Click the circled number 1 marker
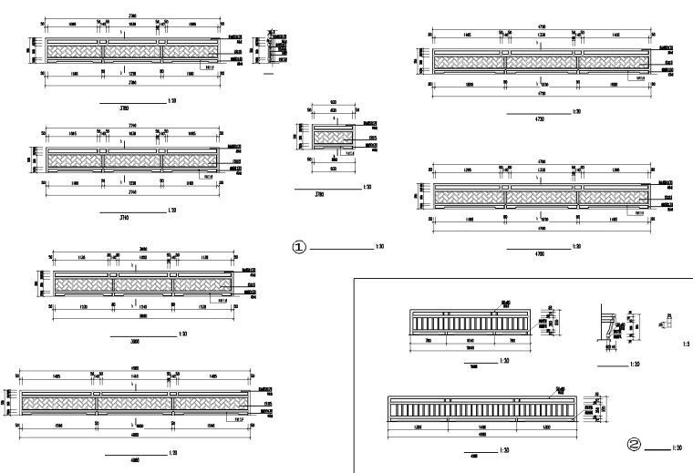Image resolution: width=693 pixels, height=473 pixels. tap(298, 246)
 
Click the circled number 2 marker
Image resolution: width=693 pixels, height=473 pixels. tap(635, 446)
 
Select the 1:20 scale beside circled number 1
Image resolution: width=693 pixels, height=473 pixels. tap(380, 246)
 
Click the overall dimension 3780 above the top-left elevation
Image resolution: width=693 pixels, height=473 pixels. tap(132, 15)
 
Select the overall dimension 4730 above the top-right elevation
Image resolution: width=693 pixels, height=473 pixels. tap(541, 26)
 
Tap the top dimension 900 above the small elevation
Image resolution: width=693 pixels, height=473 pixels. tap(333, 103)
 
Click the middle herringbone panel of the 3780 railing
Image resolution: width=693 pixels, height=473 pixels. tap(132, 50)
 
